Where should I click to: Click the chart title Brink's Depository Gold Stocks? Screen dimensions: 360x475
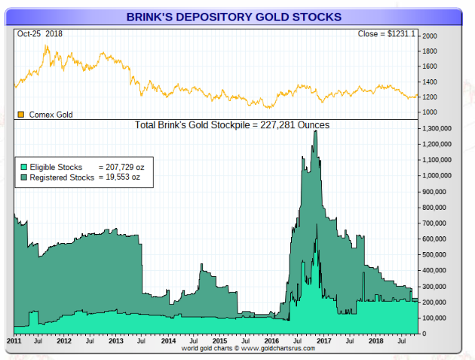tap(233, 16)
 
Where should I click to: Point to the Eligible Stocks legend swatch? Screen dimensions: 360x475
tap(23, 166)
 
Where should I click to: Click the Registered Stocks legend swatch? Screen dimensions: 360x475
tap(23, 177)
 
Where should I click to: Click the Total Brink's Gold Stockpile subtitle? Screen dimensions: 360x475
tap(231, 125)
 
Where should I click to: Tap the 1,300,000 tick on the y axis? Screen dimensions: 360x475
tap(439, 128)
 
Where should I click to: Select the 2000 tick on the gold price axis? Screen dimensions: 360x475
tap(430, 36)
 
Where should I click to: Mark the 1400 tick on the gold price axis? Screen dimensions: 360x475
tap(430, 82)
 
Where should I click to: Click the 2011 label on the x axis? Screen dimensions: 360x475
tap(14, 341)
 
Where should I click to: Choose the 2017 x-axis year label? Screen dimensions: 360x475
tap(323, 341)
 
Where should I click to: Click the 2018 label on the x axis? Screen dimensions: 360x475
tap(375, 341)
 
